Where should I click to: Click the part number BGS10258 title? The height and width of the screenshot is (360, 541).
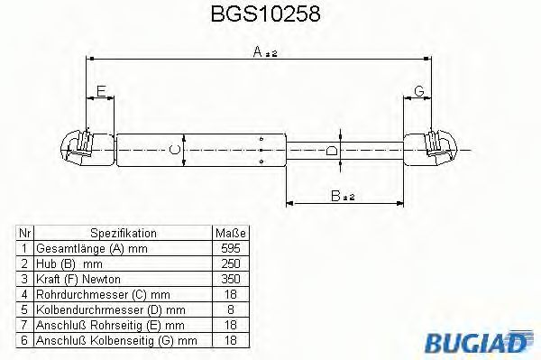click(x=265, y=14)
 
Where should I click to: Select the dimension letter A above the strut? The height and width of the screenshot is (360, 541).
click(x=257, y=51)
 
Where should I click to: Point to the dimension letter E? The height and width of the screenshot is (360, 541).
click(x=101, y=91)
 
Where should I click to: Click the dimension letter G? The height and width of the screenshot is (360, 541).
click(x=418, y=91)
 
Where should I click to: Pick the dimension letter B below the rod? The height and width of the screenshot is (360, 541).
click(x=335, y=196)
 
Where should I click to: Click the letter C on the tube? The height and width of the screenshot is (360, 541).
click(x=175, y=150)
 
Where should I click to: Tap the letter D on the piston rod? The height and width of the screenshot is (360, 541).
click(x=332, y=151)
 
